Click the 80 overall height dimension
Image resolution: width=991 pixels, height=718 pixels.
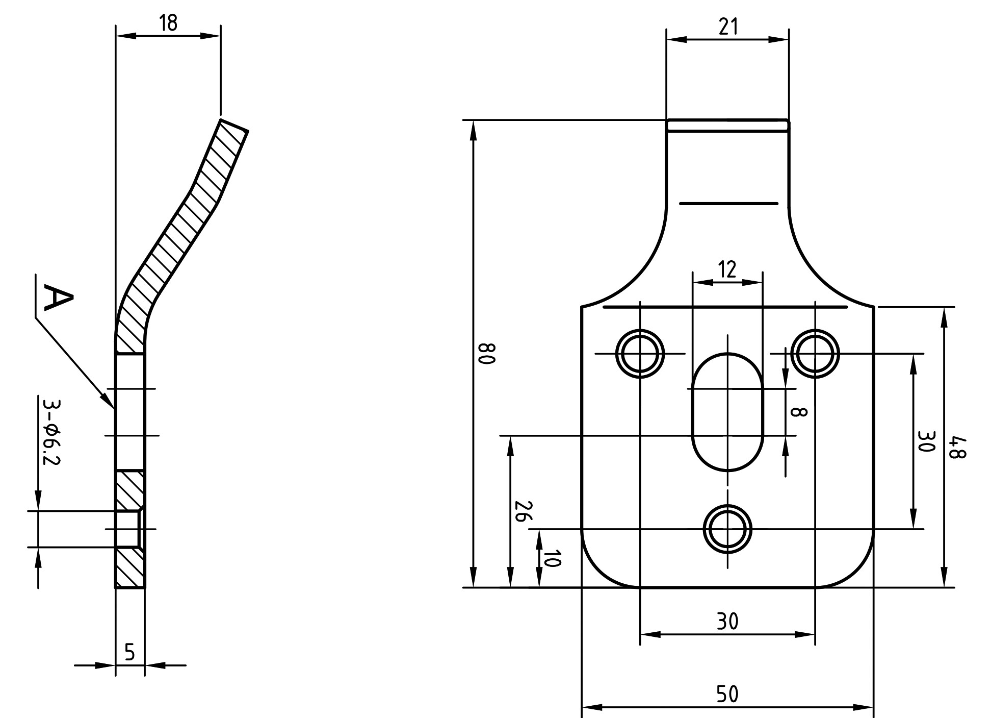click(487, 353)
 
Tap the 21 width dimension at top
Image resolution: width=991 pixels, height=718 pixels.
click(728, 27)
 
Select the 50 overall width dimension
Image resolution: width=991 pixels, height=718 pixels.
click(727, 694)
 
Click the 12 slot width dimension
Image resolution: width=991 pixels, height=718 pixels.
click(727, 269)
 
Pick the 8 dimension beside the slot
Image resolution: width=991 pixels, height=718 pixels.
click(800, 412)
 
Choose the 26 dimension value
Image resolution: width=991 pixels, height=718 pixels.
click(523, 511)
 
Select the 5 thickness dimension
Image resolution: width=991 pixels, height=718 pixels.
click(129, 652)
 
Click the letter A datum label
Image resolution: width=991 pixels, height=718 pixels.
click(58, 298)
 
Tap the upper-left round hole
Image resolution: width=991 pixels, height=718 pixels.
click(640, 354)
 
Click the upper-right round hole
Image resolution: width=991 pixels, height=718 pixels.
click(816, 354)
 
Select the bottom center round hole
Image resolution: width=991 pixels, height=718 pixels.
click(727, 529)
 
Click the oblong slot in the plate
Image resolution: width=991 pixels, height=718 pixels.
click(727, 411)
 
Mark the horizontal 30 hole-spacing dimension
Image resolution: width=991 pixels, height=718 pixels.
click(727, 622)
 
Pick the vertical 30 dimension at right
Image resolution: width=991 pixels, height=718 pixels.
click(926, 441)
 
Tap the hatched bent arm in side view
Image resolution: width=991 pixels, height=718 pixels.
click(182, 236)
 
